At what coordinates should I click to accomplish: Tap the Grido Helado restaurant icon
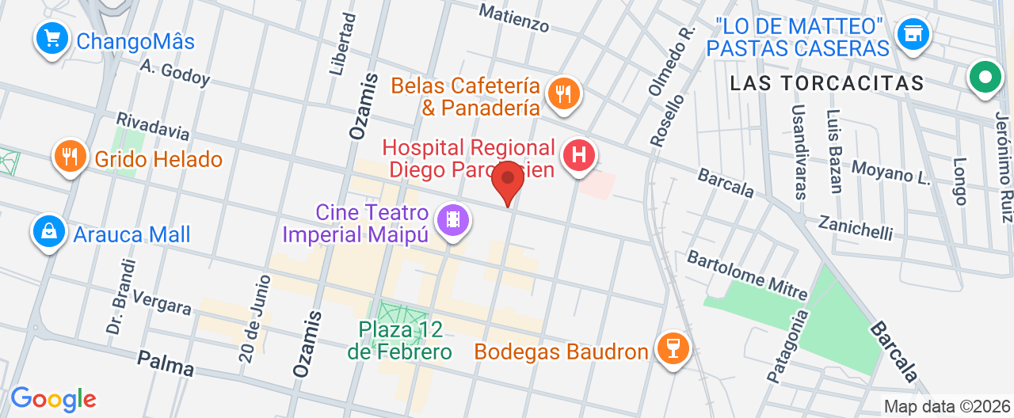coord(71,154)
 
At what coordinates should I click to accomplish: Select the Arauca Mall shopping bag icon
coord(49,231)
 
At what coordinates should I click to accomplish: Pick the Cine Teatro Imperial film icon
coord(453,218)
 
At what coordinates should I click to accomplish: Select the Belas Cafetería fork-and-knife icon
coord(563,93)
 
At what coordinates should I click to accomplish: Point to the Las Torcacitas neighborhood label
coord(826,83)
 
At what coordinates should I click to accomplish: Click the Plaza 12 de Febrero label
coord(399,340)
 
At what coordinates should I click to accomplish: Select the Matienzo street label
coord(514,17)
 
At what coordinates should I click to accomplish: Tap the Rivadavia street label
coord(153,129)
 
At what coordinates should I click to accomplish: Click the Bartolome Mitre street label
coord(747,275)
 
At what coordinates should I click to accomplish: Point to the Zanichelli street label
coord(856,226)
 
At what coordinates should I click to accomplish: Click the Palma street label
coord(166,363)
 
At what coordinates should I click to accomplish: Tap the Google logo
coord(53,399)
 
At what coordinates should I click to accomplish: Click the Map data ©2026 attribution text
coord(947,407)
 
